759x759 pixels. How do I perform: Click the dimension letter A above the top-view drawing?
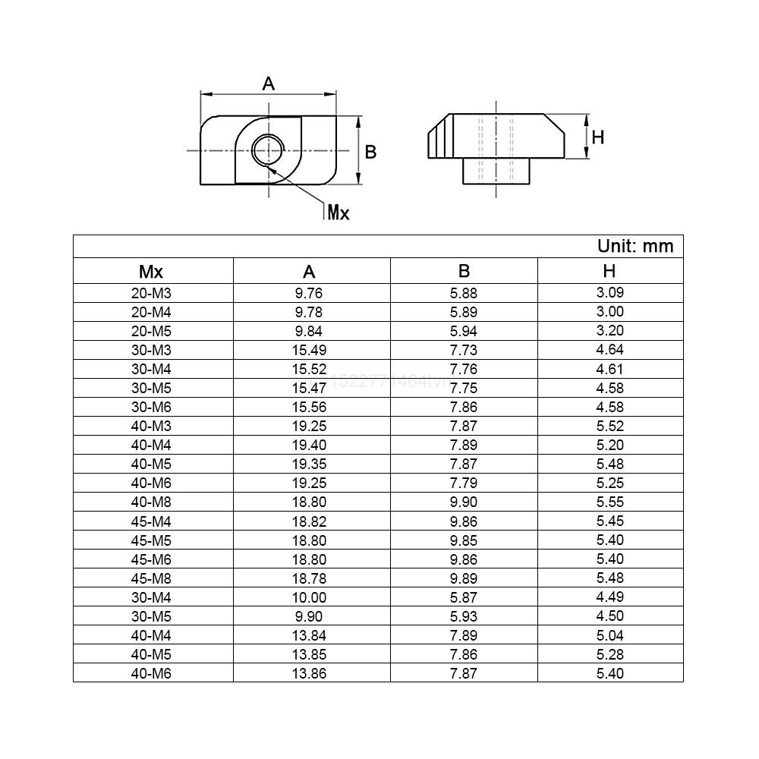tap(268, 83)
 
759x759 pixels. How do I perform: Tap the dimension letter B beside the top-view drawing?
tap(370, 152)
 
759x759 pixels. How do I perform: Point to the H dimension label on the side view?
tap(597, 137)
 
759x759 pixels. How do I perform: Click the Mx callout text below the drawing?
tap(338, 213)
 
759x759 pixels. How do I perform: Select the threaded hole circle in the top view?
tap(268, 150)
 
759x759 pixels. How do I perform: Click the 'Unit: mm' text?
tap(635, 247)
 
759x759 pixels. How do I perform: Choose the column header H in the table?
tap(609, 271)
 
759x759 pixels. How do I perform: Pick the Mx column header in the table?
tap(151, 271)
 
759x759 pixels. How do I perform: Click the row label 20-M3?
tap(151, 293)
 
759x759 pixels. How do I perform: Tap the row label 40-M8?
tap(151, 502)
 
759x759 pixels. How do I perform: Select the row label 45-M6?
tap(151, 559)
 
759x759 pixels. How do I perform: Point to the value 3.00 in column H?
tap(609, 312)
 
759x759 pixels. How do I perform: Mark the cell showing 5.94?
tap(463, 331)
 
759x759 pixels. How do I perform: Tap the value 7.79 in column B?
tap(463, 483)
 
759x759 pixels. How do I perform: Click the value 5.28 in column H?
tap(609, 653)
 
